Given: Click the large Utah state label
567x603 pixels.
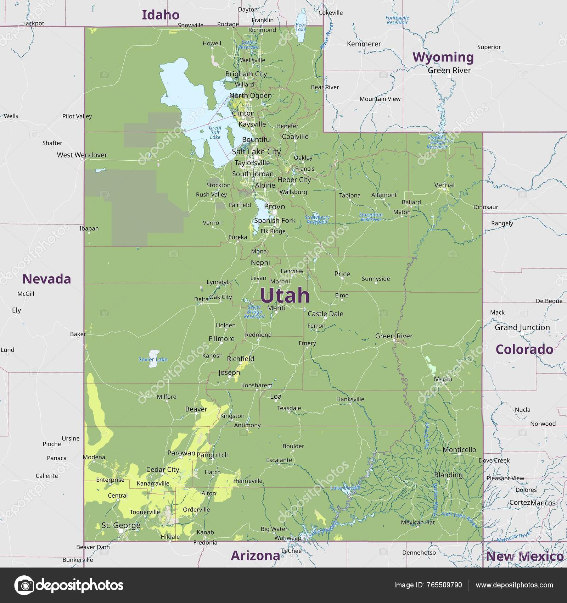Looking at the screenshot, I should (285, 295).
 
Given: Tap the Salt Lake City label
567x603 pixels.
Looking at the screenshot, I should (256, 151).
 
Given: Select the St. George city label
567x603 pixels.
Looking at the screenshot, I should (121, 525).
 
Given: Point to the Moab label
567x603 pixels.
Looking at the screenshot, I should (443, 379).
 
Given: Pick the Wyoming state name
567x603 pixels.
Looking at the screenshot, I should (443, 57).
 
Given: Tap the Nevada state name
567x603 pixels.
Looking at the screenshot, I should (47, 279).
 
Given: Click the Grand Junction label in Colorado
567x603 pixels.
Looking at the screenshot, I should (522, 327).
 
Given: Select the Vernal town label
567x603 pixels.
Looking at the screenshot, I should (444, 185).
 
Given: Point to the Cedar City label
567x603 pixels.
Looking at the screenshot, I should (163, 470).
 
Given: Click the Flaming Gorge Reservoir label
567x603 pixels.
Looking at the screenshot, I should (437, 142).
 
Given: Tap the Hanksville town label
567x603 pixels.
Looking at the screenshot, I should (350, 399).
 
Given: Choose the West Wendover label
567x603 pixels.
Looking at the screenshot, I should (82, 155).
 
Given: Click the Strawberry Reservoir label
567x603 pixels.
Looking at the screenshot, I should (317, 220).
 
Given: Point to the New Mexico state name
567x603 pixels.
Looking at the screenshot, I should (524, 557).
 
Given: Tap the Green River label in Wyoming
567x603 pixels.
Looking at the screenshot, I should (449, 70).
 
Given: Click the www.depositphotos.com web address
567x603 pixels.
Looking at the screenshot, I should (514, 585).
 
